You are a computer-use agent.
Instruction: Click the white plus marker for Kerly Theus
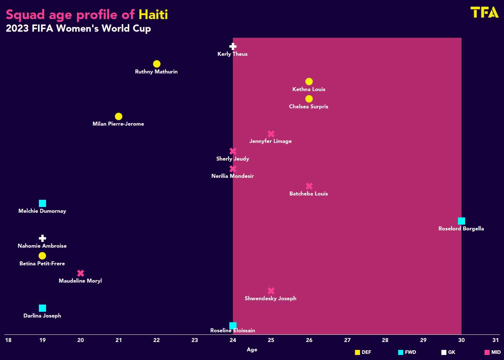point(233,46)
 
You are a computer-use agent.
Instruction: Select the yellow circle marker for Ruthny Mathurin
point(157,64)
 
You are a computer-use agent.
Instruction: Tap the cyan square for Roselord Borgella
point(461,221)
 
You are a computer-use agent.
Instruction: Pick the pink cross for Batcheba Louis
point(309,186)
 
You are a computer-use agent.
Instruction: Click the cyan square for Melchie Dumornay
point(42,203)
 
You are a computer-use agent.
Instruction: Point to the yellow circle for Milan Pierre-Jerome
point(118,117)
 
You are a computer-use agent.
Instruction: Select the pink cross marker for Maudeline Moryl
point(81,273)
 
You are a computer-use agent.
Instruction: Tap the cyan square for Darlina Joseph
point(42,308)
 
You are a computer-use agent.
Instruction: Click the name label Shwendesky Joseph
point(270,298)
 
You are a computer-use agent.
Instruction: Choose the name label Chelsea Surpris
point(309,107)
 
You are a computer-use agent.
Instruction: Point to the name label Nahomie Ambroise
point(42,246)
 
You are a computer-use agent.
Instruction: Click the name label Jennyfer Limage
point(270,141)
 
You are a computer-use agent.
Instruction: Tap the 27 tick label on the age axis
point(347,340)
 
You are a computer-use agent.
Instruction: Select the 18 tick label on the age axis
point(8,340)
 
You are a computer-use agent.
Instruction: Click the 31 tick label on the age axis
point(496,340)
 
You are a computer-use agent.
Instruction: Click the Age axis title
point(252,350)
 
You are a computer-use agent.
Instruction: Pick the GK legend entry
point(449,352)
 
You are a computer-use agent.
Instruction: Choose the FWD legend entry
point(407,352)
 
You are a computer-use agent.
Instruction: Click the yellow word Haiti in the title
point(153,15)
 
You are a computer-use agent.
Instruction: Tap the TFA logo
point(485,12)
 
